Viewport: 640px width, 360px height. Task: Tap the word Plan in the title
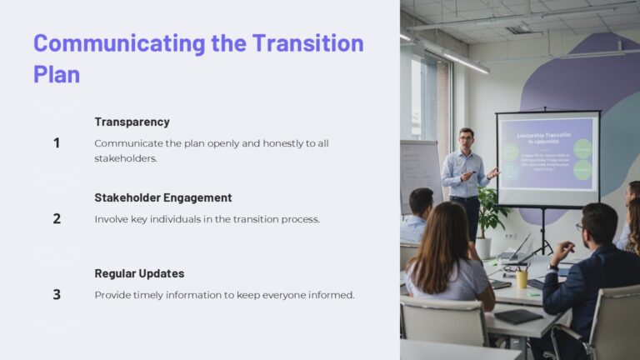tap(57, 73)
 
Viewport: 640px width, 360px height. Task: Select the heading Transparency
tap(132, 122)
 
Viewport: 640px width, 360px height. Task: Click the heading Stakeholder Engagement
tap(163, 197)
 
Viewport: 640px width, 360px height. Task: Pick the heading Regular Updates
tap(139, 273)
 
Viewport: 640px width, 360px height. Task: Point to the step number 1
tap(57, 142)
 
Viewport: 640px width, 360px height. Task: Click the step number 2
tap(57, 218)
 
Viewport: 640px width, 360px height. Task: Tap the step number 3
tap(57, 294)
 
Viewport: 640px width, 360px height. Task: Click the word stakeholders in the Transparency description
tap(125, 157)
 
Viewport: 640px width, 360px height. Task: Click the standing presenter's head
tap(466, 138)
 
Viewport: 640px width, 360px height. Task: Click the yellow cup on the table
tap(522, 278)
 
